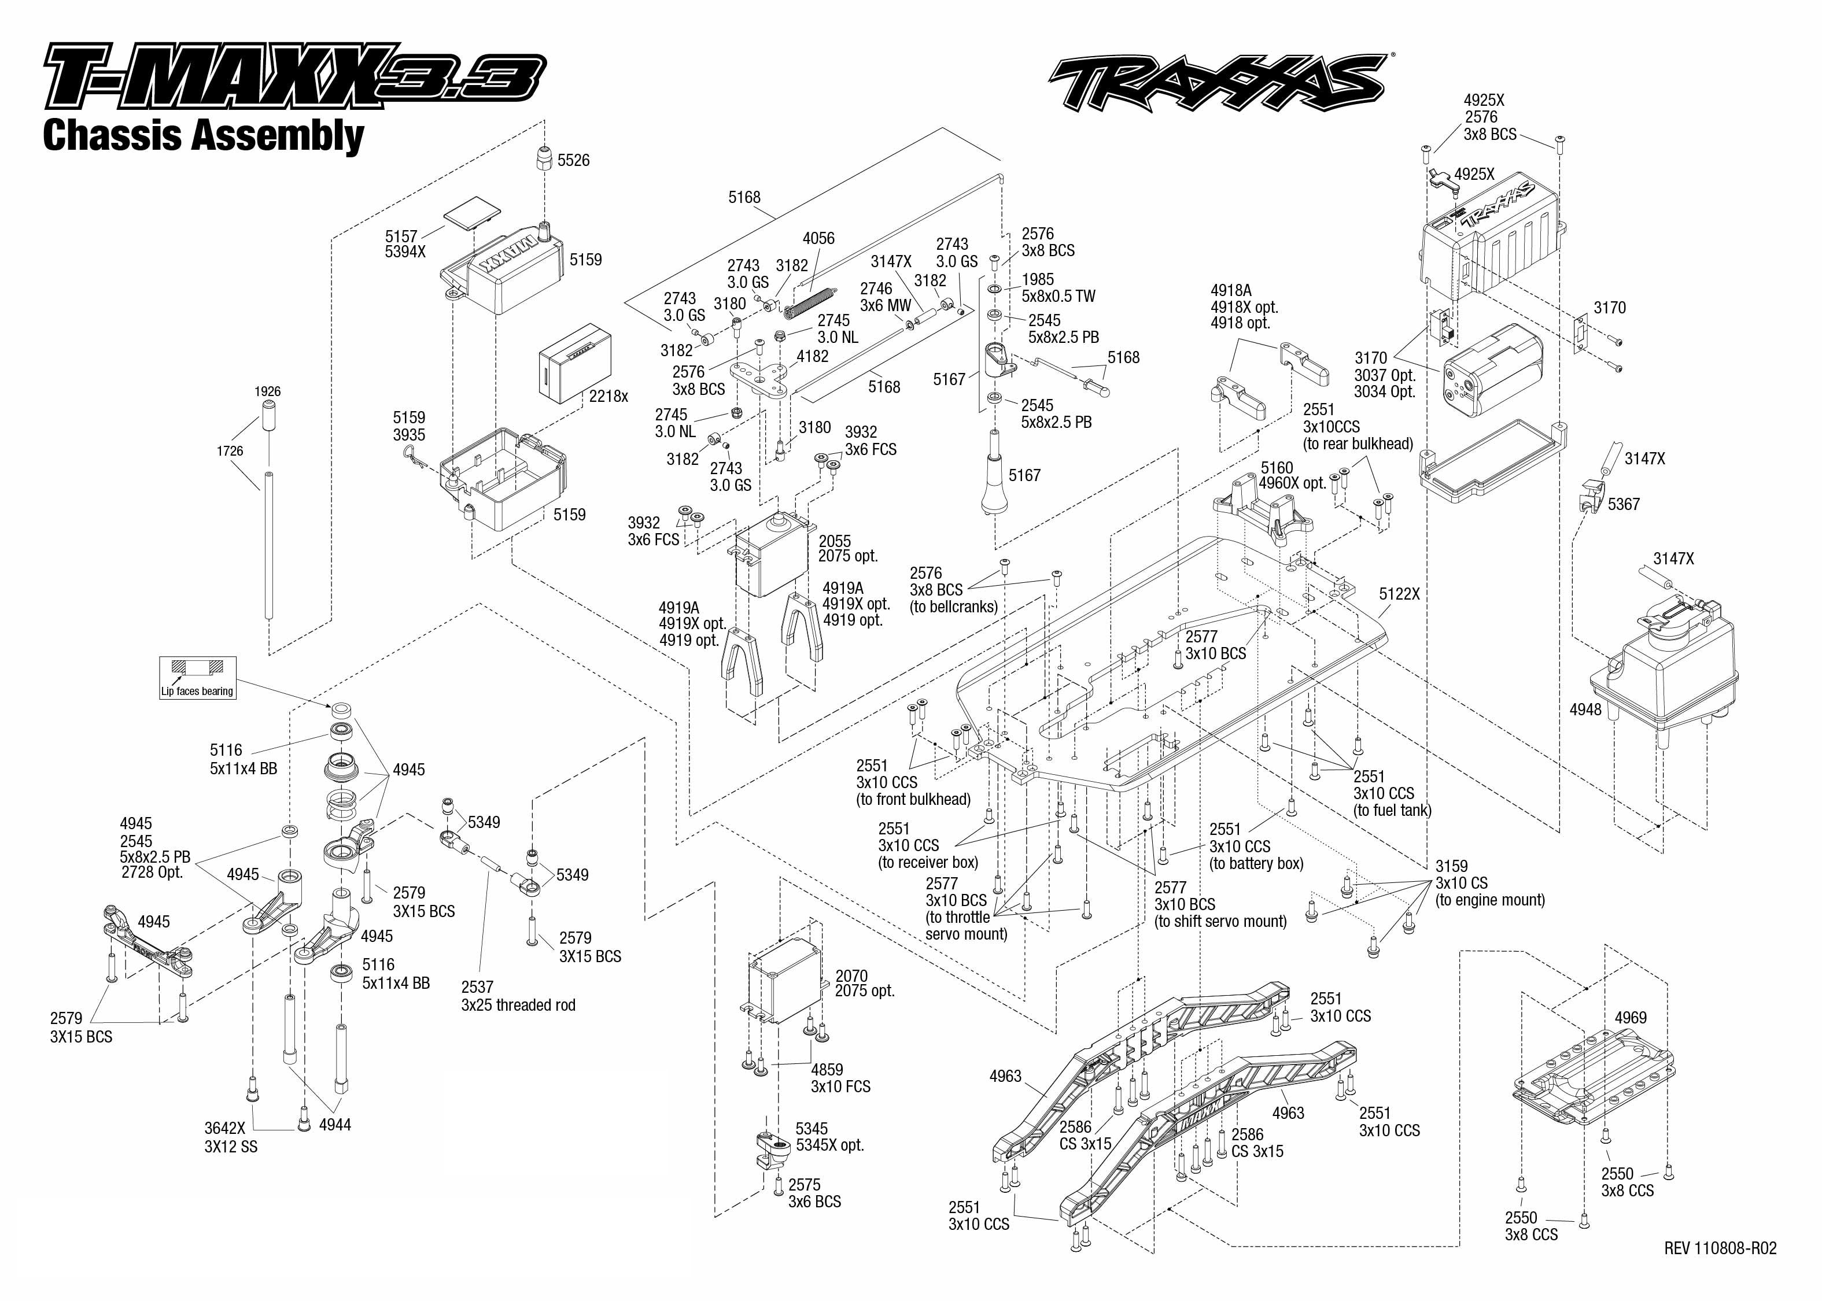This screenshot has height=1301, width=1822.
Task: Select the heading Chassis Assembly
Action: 204,135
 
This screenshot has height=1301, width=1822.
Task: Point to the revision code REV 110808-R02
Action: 1720,1248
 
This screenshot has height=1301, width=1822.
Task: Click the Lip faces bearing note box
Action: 197,678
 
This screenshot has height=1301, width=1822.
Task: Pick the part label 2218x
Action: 608,397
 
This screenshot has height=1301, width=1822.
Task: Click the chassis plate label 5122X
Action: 1399,594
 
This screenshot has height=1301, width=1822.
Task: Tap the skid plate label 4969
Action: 1630,1018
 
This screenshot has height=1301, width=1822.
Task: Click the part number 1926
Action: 268,391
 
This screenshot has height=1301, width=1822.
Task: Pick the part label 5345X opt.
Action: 829,1145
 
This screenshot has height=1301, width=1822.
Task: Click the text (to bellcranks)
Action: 953,607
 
